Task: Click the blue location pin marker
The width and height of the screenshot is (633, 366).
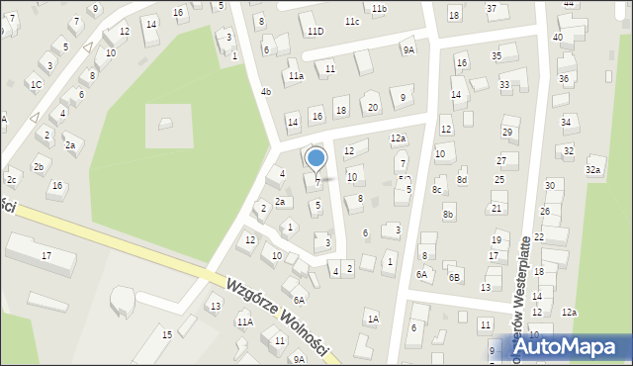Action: pyautogui.click(x=316, y=158)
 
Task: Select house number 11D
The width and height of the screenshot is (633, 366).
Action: pyautogui.click(x=315, y=32)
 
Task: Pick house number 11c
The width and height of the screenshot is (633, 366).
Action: pyautogui.click(x=352, y=21)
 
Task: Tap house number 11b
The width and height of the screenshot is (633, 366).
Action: pyautogui.click(x=380, y=8)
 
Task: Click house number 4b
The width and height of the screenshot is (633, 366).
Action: pyautogui.click(x=266, y=92)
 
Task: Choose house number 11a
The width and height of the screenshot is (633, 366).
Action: pyautogui.click(x=296, y=75)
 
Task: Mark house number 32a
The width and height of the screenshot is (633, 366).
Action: pyautogui.click(x=592, y=170)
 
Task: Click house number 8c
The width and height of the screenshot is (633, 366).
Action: pyautogui.click(x=436, y=189)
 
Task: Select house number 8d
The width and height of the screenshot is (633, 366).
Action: pyautogui.click(x=461, y=179)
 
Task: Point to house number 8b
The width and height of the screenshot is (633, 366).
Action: pyautogui.click(x=448, y=214)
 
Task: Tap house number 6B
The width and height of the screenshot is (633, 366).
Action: pyautogui.click(x=454, y=277)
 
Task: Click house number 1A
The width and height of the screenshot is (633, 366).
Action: pyautogui.click(x=373, y=318)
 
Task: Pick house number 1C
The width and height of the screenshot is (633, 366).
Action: pyautogui.click(x=36, y=84)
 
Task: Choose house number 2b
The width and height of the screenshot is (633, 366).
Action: pyautogui.click(x=38, y=166)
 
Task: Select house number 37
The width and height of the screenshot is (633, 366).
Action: pyautogui.click(x=492, y=8)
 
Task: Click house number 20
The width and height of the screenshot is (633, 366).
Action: pyautogui.click(x=372, y=107)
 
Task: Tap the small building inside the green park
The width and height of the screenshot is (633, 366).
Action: pyautogui.click(x=164, y=123)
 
